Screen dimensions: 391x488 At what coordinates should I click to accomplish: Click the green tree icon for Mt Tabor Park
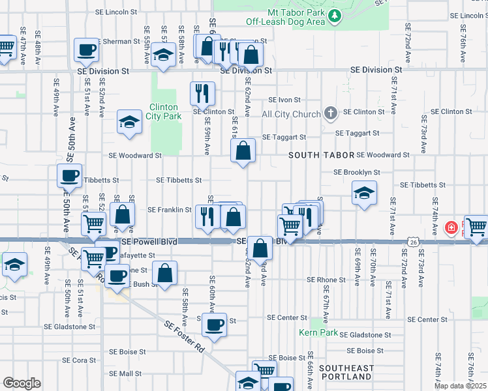pos(335,15)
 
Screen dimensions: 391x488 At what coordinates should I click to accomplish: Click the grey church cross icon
pos(331,114)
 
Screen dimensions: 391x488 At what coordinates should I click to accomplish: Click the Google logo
pos(21,383)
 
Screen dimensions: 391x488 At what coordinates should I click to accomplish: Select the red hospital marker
pos(450,228)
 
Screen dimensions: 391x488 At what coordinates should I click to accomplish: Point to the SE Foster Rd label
pos(183,336)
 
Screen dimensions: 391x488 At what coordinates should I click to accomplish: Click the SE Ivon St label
pos(284,100)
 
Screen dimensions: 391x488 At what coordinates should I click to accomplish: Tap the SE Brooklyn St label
pos(356,173)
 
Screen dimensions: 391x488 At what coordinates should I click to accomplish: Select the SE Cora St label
pos(80,360)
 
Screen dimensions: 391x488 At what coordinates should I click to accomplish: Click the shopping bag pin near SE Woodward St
pos(242,152)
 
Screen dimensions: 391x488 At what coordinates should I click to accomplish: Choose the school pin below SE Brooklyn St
pos(364,193)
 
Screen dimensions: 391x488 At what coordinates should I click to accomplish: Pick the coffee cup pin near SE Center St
pos(213,325)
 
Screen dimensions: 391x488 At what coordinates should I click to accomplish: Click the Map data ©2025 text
pos(461,385)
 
